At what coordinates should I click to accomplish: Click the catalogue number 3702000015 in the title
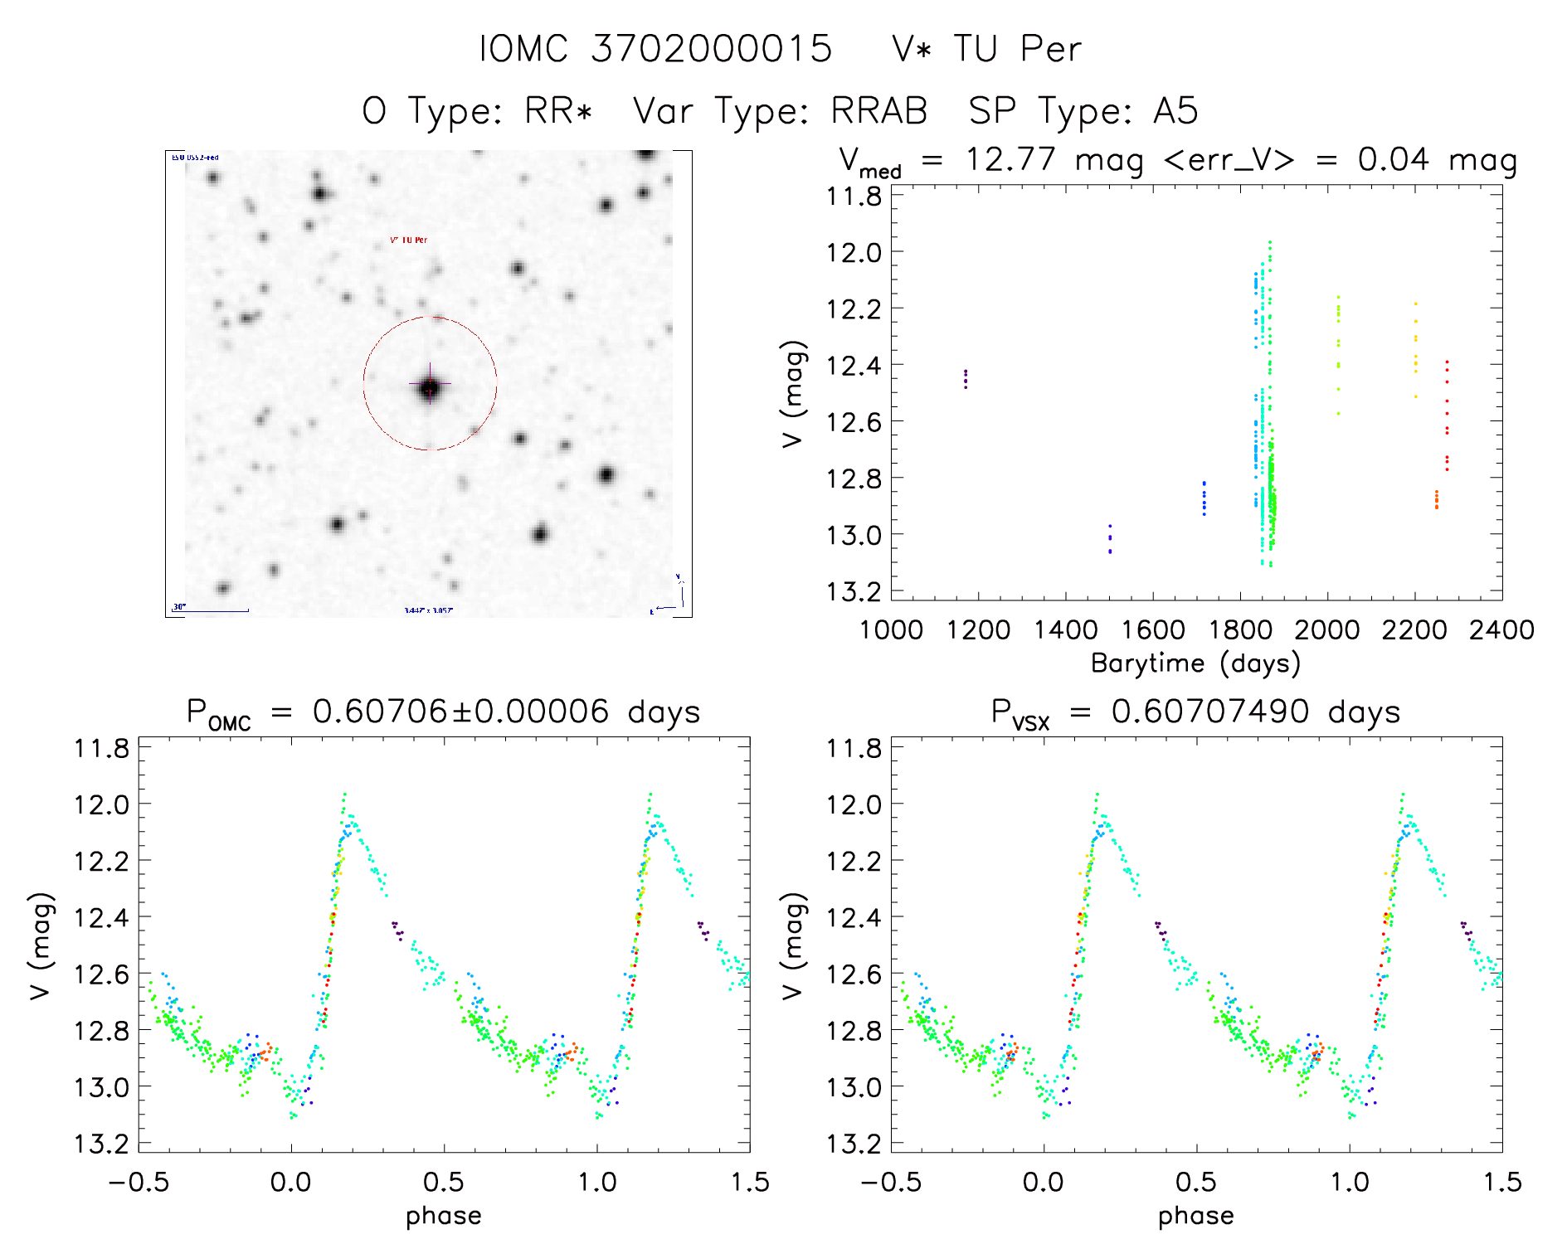pyautogui.click(x=711, y=49)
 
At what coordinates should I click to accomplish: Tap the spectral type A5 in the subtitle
pyautogui.click(x=1175, y=111)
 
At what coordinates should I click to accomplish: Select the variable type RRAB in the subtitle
pyautogui.click(x=878, y=111)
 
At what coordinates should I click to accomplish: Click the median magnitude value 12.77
pyautogui.click(x=1010, y=159)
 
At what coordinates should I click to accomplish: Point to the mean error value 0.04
pyautogui.click(x=1393, y=159)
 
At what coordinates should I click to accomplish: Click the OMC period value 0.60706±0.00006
pyautogui.click(x=460, y=712)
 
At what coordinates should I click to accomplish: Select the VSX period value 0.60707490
pyautogui.click(x=1210, y=712)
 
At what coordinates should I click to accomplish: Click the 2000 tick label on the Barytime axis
pyautogui.click(x=1327, y=630)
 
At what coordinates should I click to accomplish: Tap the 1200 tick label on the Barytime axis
pyautogui.click(x=978, y=630)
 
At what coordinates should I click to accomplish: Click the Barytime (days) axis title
pyautogui.click(x=1195, y=663)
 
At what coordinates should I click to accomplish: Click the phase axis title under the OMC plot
pyautogui.click(x=443, y=1216)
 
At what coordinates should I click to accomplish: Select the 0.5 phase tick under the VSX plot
pyautogui.click(x=1196, y=1182)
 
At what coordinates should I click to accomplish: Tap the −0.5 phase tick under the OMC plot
pyautogui.click(x=139, y=1182)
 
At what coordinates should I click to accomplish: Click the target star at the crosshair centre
pyautogui.click(x=430, y=386)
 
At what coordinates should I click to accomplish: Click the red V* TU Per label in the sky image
pyautogui.click(x=409, y=241)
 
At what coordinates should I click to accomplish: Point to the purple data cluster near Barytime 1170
pyautogui.click(x=966, y=379)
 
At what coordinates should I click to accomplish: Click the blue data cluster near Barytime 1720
pyautogui.click(x=1204, y=498)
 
